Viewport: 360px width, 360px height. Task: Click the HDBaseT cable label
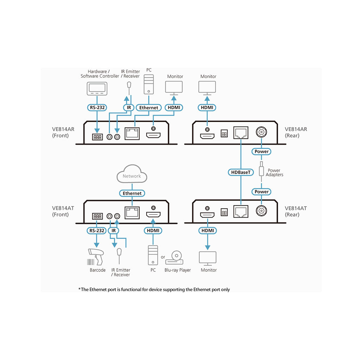[240, 172]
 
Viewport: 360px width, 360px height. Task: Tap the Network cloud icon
[132, 174]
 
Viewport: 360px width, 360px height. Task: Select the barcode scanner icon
[96, 257]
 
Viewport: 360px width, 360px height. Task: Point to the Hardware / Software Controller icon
[97, 89]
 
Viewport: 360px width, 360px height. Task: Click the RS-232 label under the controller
[97, 108]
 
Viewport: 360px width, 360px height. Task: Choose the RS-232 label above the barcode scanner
[97, 231]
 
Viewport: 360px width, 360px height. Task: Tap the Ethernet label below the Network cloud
[132, 193]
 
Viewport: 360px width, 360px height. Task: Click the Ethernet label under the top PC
[149, 108]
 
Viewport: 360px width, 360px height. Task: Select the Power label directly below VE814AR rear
[262, 152]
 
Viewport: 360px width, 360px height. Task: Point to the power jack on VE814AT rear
[261, 211]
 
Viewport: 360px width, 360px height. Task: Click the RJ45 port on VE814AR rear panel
[241, 133]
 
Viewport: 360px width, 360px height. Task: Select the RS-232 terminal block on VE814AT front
[97, 216]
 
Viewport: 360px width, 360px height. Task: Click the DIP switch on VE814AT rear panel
[224, 212]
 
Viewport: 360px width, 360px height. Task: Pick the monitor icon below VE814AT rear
[208, 258]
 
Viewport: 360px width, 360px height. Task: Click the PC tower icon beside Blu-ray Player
[153, 255]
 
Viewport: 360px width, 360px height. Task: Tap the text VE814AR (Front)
[63, 132]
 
